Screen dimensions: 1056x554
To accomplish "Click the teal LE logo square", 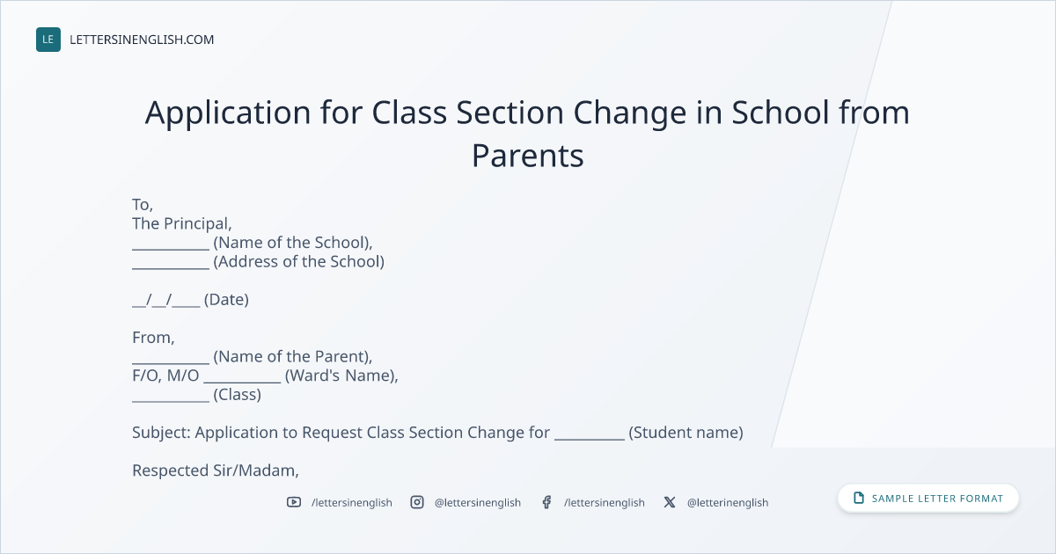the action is tap(48, 40).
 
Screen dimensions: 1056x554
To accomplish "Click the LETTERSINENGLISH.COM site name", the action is tap(142, 40).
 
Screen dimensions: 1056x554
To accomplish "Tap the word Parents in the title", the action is tap(528, 156).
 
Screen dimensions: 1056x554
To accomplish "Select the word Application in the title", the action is tap(228, 113).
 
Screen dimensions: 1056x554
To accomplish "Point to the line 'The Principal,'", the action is tap(182, 223).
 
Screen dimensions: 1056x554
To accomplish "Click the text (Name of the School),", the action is tap(293, 243).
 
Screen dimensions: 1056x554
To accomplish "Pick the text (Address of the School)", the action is tap(299, 261).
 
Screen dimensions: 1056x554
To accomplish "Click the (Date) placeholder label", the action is tap(226, 300).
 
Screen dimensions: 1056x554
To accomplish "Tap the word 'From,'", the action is tap(153, 338).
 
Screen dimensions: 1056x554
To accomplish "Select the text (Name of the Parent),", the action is tap(293, 357).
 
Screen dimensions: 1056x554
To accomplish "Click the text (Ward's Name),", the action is tap(341, 375).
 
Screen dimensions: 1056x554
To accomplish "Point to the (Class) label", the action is tap(237, 394).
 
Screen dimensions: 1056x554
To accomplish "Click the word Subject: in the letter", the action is tap(161, 433).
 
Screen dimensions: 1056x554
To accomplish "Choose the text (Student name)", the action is tap(686, 433).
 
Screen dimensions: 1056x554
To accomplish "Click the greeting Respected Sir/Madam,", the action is tap(216, 470).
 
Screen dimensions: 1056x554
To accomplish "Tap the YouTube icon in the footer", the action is tap(294, 502).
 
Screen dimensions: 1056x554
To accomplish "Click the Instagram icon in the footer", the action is tap(417, 502).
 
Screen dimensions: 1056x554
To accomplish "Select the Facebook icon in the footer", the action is tap(546, 502).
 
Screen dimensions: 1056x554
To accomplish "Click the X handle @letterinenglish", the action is tap(728, 503).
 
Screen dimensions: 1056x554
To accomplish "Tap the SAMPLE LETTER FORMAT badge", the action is tap(928, 499).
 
